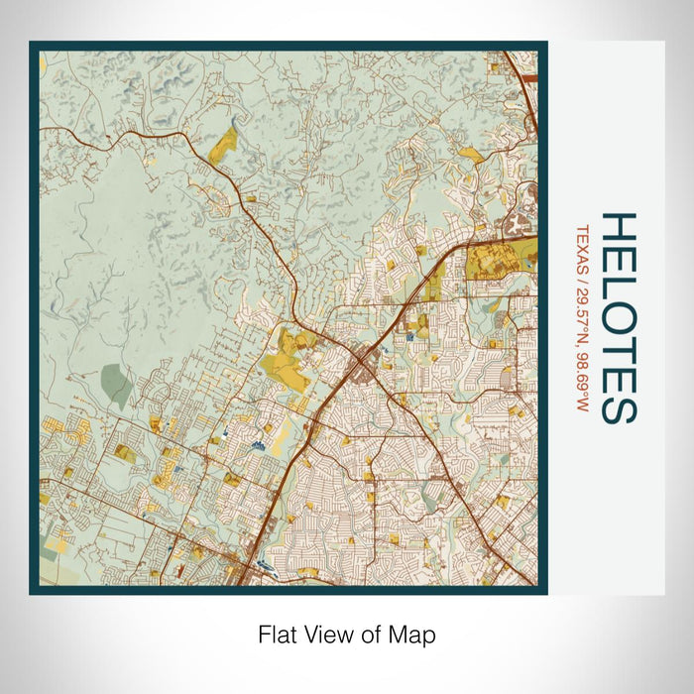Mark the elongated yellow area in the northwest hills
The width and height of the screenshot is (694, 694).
[x=224, y=146]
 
